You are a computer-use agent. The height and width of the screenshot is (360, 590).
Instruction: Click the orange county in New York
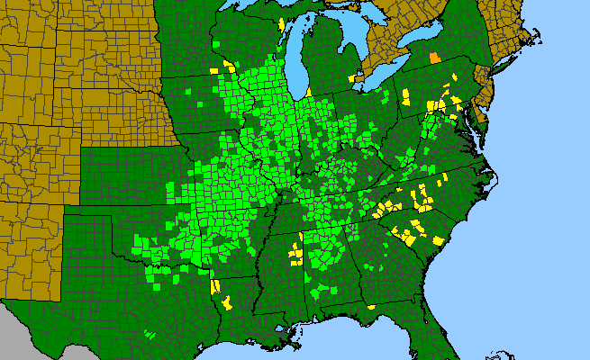pos(435,58)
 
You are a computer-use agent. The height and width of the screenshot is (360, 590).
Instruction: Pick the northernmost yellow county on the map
pos(282,22)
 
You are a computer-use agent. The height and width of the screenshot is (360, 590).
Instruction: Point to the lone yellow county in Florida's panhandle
pos(370,308)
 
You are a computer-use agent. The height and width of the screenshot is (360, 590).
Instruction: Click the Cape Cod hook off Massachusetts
pos(540,38)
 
